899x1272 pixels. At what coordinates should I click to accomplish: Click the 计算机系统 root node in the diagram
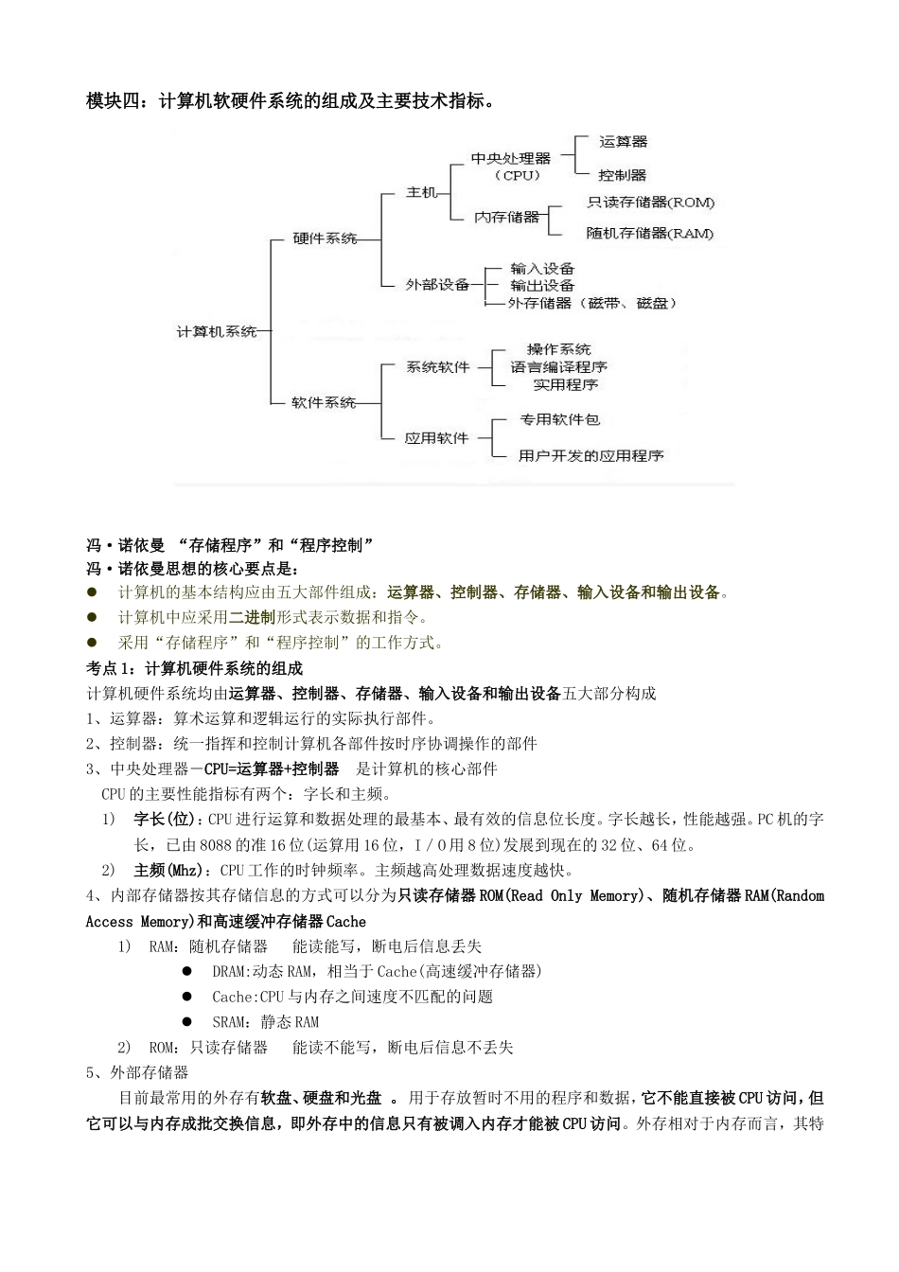(x=217, y=332)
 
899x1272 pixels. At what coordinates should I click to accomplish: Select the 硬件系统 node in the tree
(x=325, y=239)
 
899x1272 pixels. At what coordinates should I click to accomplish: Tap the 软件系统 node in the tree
(x=324, y=403)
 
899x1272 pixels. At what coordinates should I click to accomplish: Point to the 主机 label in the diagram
(x=421, y=193)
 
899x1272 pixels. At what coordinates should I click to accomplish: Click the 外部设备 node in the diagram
(x=437, y=285)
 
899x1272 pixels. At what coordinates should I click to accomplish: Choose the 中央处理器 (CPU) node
(x=511, y=167)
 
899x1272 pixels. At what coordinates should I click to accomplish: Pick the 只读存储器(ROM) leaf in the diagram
(x=650, y=203)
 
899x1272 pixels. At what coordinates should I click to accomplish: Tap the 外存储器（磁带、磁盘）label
(x=592, y=304)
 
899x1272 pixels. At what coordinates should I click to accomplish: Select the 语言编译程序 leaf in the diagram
(x=559, y=367)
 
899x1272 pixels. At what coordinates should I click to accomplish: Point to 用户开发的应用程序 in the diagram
(x=591, y=456)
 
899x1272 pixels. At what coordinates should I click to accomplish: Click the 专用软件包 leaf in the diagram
(x=559, y=419)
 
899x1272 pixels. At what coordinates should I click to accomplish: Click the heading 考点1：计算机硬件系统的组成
(x=194, y=668)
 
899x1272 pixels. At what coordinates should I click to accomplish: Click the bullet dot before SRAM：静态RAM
(x=189, y=1022)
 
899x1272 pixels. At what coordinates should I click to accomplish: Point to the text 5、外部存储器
(x=137, y=1072)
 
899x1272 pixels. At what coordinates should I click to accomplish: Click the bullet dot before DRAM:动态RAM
(x=189, y=971)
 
